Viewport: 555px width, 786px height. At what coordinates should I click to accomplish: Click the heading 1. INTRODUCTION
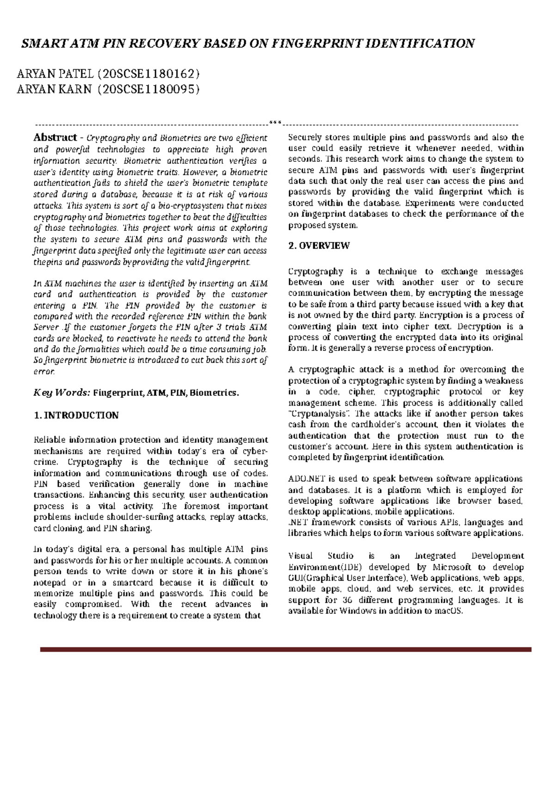tap(76, 415)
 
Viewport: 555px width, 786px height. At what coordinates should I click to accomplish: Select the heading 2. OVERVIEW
tap(319, 246)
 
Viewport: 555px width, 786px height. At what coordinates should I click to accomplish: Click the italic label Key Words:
tap(62, 393)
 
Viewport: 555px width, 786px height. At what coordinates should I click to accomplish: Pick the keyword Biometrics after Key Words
tap(215, 393)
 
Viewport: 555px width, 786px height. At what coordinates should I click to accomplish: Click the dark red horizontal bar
tap(285, 650)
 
